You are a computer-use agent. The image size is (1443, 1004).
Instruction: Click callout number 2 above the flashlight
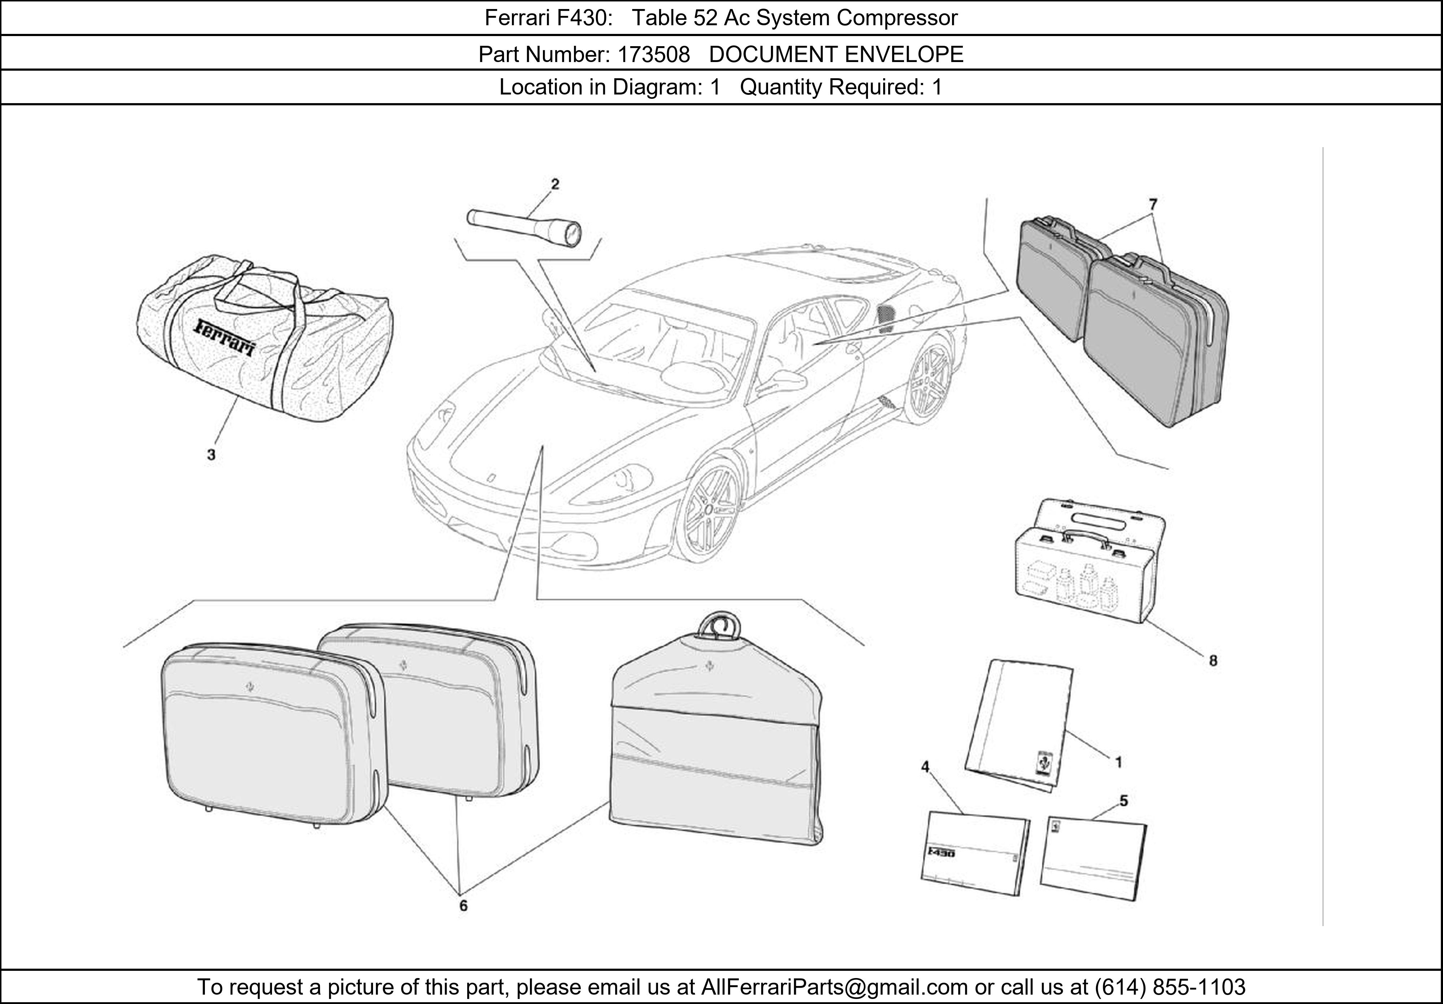coord(555,184)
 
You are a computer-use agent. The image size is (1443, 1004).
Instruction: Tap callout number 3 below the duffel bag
coord(211,454)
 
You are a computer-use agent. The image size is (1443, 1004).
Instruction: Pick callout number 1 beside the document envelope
coord(1118,762)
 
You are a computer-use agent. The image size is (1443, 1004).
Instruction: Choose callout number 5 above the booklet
coord(1123,801)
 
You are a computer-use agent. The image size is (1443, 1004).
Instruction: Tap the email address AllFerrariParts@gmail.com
coord(834,987)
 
